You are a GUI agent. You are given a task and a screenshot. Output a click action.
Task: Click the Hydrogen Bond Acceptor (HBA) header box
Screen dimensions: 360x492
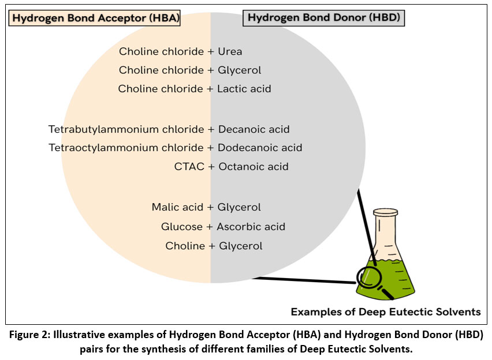click(96, 18)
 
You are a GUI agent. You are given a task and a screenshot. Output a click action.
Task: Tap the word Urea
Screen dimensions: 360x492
click(230, 51)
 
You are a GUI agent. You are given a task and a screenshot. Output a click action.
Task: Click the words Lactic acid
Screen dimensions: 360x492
click(244, 89)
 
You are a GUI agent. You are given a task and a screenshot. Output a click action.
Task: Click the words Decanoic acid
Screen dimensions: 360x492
click(254, 129)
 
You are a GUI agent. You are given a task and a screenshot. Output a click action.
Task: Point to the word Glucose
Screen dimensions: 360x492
click(182, 227)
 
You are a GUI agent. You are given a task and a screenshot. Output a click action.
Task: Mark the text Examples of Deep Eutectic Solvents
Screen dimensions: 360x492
click(385, 312)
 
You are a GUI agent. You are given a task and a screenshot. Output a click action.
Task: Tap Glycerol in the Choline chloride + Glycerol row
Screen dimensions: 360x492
click(239, 70)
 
